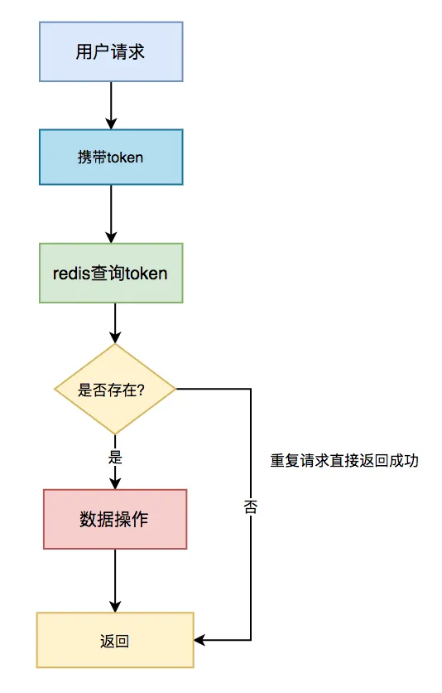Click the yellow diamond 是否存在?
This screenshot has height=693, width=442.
[115, 389]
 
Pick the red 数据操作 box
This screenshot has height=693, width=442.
[115, 519]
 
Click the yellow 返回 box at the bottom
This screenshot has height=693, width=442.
[115, 641]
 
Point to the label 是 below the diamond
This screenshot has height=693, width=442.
[115, 457]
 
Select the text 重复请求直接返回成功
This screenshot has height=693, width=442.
[344, 461]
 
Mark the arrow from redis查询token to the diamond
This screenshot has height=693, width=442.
[115, 323]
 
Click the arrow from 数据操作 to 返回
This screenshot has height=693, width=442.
[115, 580]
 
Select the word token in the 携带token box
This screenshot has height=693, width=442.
[126, 157]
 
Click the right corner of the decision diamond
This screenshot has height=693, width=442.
[175, 389]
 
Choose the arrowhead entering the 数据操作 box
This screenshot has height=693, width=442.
[115, 483]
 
